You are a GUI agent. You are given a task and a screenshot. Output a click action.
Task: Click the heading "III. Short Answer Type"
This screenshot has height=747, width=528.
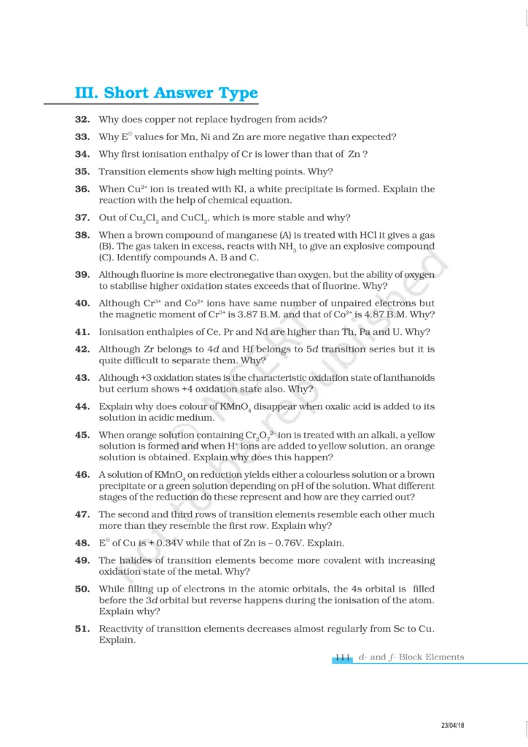[166, 93]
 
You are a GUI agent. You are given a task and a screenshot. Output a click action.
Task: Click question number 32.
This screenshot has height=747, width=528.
[82, 119]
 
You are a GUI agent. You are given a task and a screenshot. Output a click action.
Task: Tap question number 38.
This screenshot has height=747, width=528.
[82, 235]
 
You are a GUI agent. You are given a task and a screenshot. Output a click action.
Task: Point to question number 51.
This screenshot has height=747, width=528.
[82, 629]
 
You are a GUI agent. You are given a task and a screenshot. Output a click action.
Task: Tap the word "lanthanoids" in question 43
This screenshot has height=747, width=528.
[406, 378]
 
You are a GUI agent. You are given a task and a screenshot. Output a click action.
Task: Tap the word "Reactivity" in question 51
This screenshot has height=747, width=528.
[122, 629]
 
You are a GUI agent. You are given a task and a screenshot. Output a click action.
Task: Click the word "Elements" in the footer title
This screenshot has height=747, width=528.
[440, 657]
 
